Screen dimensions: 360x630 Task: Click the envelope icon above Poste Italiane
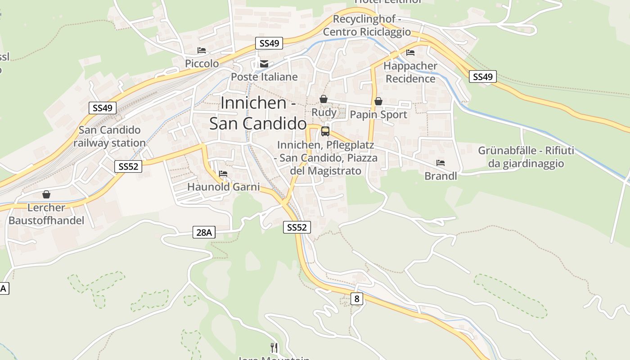pos(264,64)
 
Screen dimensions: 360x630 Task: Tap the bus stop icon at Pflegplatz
pos(325,131)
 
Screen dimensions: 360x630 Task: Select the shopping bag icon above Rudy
pos(323,99)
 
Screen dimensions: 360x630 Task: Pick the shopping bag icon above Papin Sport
pos(378,101)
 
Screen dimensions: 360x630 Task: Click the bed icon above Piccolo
pos(202,50)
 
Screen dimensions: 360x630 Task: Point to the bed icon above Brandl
pos(440,163)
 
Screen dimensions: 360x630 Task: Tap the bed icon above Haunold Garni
pos(223,174)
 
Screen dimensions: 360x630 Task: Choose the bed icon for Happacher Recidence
pos(410,53)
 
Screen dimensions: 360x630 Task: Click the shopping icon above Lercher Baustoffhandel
pos(46,194)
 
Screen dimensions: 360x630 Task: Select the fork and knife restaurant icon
pos(274,347)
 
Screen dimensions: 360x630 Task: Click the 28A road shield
pos(204,232)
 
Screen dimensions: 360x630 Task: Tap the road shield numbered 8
pos(356,298)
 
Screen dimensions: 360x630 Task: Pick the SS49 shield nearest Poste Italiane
pos(269,43)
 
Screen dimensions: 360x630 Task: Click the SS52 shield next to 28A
pos(297,227)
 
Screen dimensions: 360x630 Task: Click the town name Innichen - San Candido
pos(258,113)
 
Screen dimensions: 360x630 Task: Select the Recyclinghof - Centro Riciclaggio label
pos(367,26)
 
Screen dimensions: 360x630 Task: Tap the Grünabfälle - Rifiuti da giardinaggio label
pos(526,157)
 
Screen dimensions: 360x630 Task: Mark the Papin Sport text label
pos(378,115)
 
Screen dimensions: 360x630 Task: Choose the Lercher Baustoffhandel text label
pos(46,214)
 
